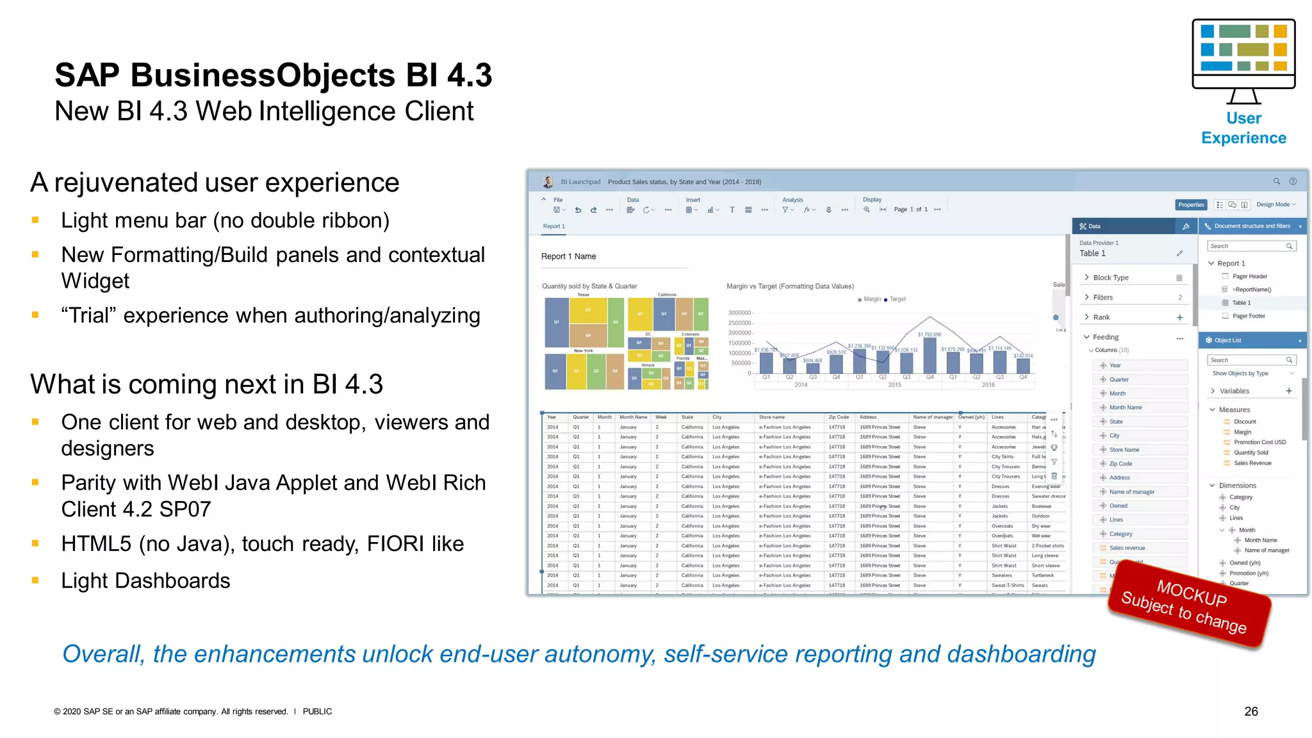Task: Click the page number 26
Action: coord(1250,711)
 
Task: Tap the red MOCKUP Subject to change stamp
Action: coord(1190,606)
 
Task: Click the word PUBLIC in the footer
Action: coord(317,711)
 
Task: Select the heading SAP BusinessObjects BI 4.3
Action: coord(274,75)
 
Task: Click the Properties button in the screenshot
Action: coord(1191,205)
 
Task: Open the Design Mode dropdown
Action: coord(1275,205)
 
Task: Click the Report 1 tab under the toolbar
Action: coord(553,226)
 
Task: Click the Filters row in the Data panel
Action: coord(1103,297)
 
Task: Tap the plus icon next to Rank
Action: coord(1179,317)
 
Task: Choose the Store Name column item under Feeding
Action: coord(1124,450)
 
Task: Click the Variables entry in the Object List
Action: coord(1234,391)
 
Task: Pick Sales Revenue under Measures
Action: coord(1252,463)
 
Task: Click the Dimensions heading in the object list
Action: coord(1237,486)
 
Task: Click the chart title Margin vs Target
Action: coord(790,286)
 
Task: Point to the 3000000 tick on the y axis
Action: coord(740,313)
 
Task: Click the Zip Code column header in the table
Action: coord(839,417)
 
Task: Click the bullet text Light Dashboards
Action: coord(145,580)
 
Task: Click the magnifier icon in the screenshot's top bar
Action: coord(1276,181)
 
